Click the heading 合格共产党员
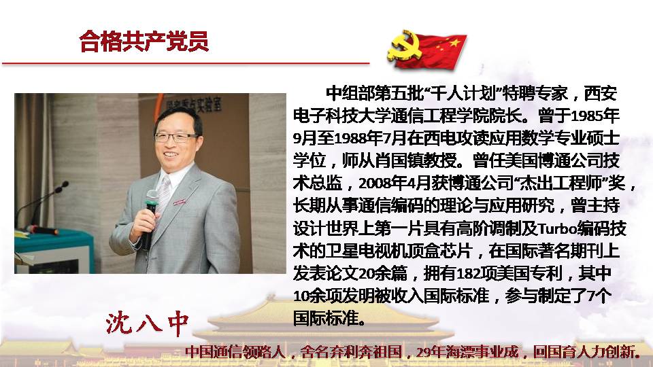click(144, 41)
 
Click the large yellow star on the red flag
click(454, 42)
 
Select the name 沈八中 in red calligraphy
click(147, 323)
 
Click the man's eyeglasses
click(175, 137)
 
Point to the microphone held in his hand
click(149, 218)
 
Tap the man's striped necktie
click(164, 196)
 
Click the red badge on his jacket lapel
click(179, 202)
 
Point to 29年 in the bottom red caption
click(431, 353)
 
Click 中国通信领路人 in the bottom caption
click(235, 353)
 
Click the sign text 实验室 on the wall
click(209, 105)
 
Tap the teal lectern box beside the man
click(54, 251)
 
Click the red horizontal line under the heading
click(186, 64)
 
